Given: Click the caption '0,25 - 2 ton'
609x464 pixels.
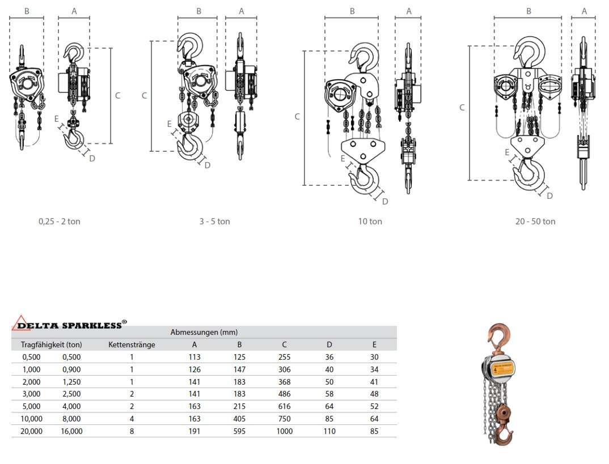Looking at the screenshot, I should [60, 222].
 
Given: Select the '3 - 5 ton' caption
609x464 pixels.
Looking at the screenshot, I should [214, 222].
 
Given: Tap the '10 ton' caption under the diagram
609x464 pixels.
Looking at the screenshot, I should [370, 222].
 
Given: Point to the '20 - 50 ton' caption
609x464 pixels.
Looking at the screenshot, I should [535, 222].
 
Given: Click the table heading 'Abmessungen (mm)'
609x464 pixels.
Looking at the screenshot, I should [204, 332].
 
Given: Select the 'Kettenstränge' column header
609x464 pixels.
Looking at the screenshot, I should [132, 344].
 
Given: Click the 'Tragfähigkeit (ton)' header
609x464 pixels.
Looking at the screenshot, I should [52, 344].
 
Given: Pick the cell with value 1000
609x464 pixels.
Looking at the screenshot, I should [285, 431].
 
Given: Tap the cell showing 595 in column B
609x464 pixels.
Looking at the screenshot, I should [239, 431].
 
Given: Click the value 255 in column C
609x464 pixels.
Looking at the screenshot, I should [285, 357].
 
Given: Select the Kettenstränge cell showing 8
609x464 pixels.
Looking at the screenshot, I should [132, 431].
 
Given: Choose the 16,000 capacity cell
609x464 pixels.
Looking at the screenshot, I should [71, 431].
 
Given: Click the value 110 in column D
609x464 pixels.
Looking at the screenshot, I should [329, 431].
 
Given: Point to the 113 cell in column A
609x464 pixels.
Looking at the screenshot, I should [194, 357].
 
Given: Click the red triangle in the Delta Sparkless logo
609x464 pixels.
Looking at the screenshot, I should [21, 322].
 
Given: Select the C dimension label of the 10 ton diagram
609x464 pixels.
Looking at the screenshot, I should [297, 117].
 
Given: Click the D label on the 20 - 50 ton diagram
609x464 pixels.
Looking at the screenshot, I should [549, 195].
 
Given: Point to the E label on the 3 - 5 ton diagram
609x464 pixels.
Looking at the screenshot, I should [169, 124].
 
